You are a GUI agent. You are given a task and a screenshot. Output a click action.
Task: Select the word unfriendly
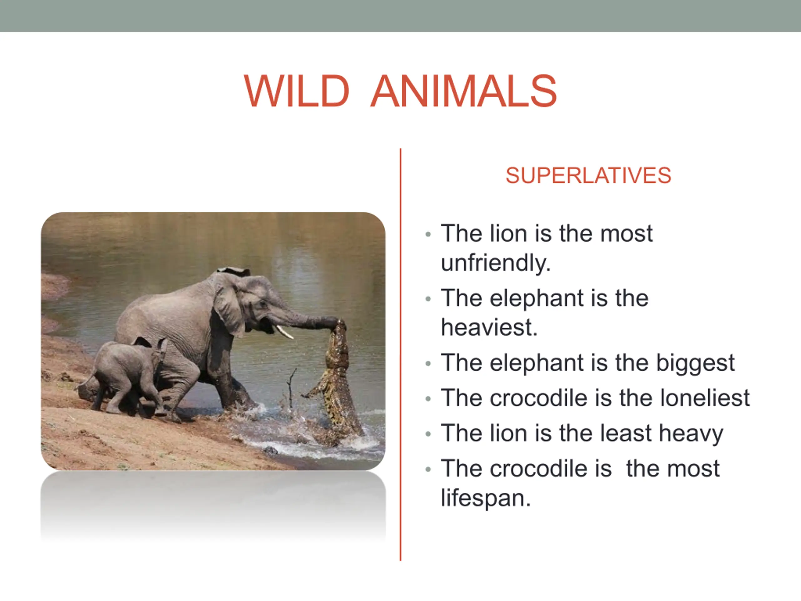point(496,263)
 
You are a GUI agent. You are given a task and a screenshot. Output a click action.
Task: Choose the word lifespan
point(486,498)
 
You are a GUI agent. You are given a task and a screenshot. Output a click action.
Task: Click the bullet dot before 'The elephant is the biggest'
point(428,363)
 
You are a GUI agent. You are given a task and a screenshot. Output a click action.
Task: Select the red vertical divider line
point(400,354)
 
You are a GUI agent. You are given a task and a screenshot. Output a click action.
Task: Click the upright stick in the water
point(291,388)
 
